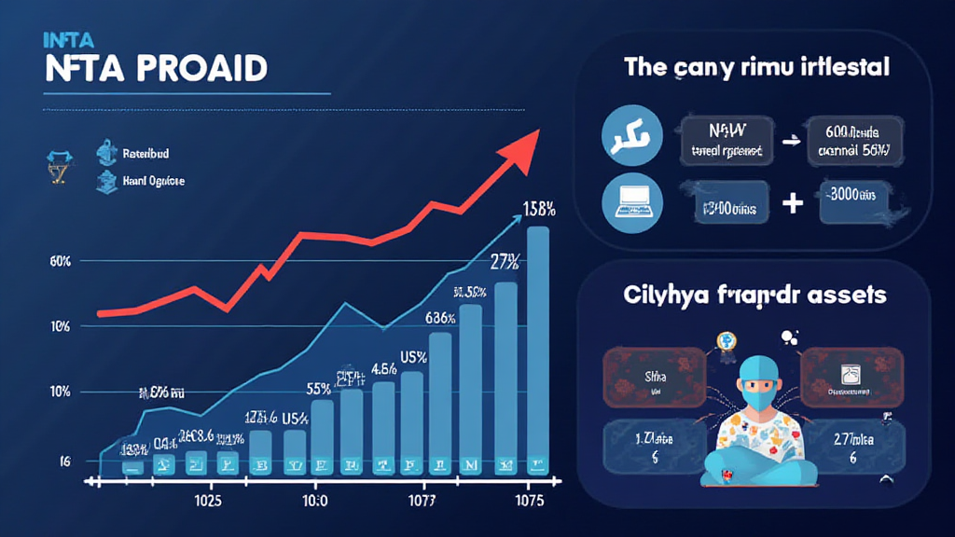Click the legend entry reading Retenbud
tap(152, 152)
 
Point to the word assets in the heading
tap(844, 295)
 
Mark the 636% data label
tap(438, 318)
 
